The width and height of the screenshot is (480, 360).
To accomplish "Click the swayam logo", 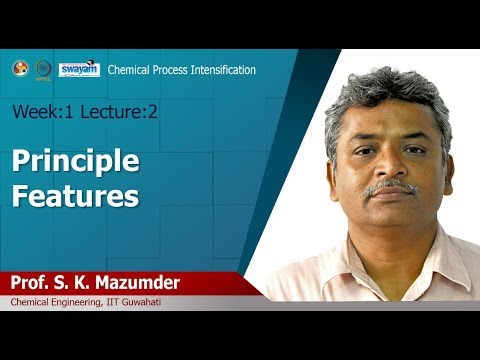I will [x=79, y=69].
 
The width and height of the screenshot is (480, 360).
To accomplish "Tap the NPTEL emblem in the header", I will [x=43, y=69].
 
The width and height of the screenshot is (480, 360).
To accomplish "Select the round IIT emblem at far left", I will [x=20, y=69].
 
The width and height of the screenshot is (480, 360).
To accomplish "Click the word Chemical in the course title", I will [x=130, y=70].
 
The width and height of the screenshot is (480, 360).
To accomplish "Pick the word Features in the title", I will [x=75, y=195].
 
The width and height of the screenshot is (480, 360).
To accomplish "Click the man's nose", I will [x=391, y=167].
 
